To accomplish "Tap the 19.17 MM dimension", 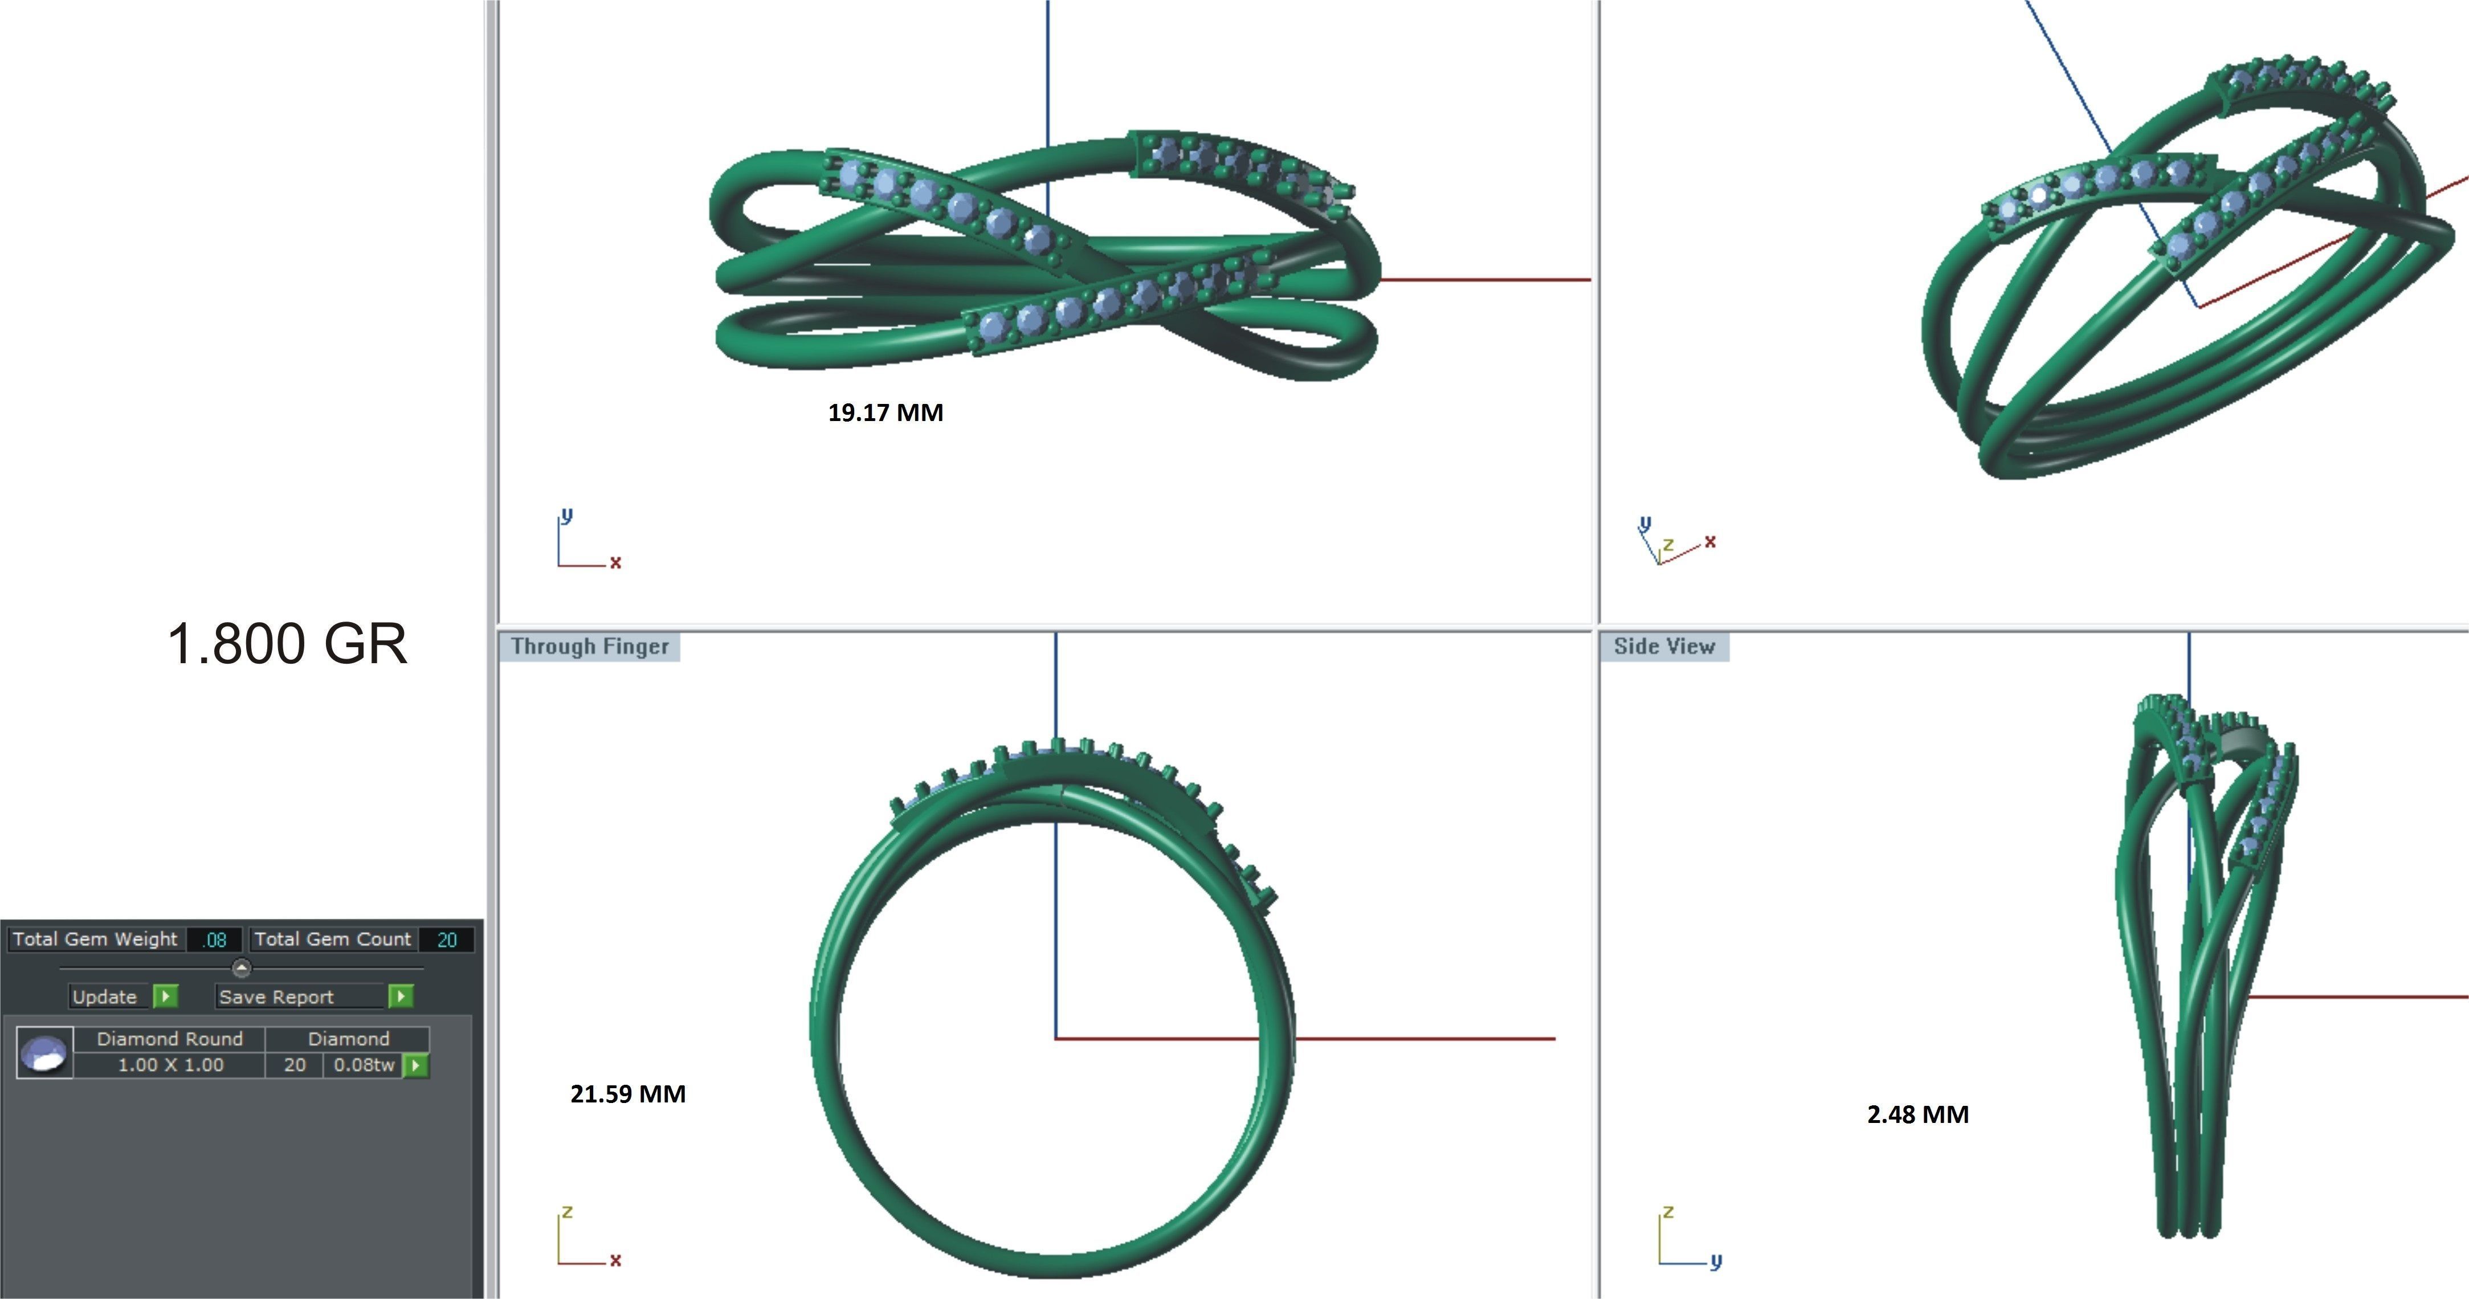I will (885, 413).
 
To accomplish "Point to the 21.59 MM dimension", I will (628, 1094).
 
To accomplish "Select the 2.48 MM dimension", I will (1918, 1114).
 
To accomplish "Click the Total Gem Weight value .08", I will (215, 939).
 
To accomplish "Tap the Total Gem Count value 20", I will (447, 939).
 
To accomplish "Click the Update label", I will (104, 997).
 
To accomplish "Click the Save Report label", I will (276, 997).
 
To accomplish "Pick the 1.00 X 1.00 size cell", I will (170, 1065).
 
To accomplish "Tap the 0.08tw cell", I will (364, 1065).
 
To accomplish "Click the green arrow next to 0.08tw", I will (416, 1065).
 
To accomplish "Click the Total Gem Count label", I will (332, 939).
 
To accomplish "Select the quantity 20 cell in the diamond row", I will (294, 1065).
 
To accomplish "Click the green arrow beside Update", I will (166, 997).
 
